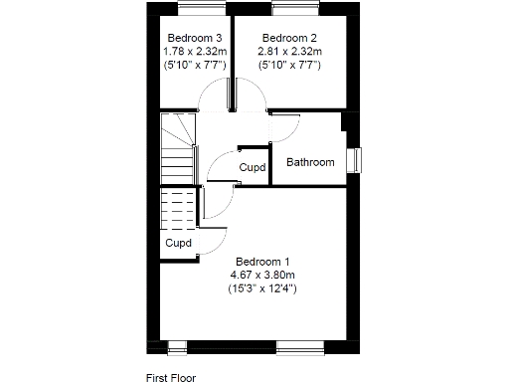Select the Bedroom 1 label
[261, 262]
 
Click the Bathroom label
[310, 162]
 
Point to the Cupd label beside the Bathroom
[253, 168]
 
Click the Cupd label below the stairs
[178, 243]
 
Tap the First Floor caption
[171, 377]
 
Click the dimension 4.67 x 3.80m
[261, 275]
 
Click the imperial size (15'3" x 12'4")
[261, 288]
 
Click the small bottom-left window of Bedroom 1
[177, 346]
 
